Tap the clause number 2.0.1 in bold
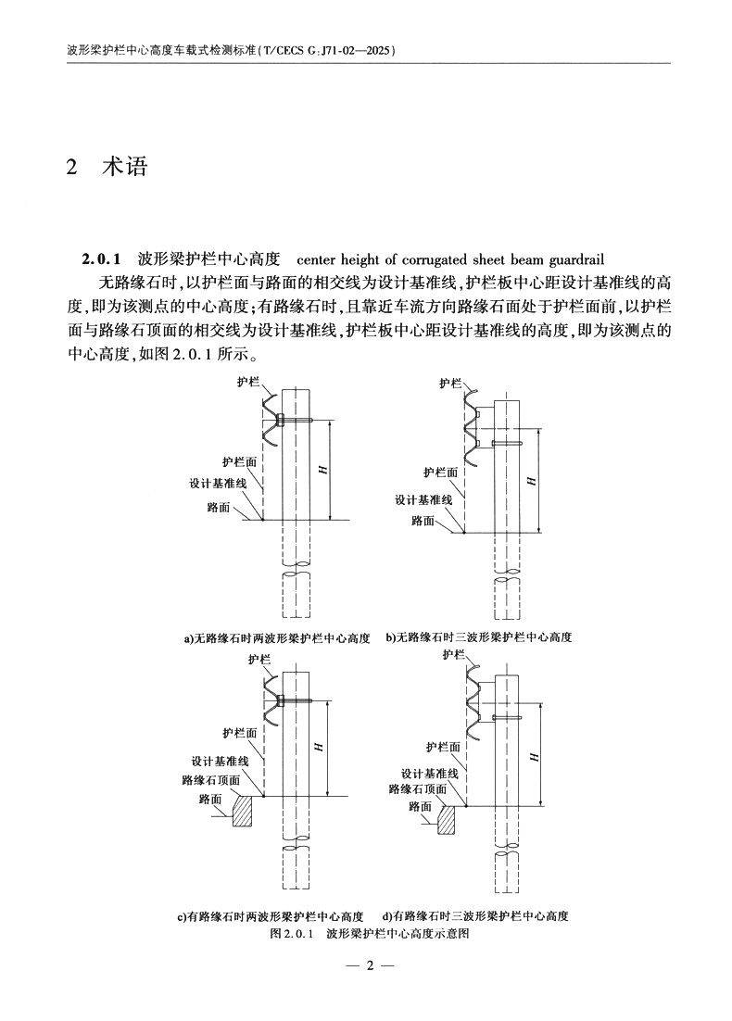click(x=103, y=259)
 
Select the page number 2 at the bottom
click(x=368, y=966)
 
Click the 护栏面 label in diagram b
click(x=440, y=472)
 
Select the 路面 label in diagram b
click(x=423, y=521)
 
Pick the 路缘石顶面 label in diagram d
click(x=417, y=788)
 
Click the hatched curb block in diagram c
click(x=244, y=811)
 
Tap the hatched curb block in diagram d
click(x=447, y=819)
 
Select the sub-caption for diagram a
click(x=277, y=638)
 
